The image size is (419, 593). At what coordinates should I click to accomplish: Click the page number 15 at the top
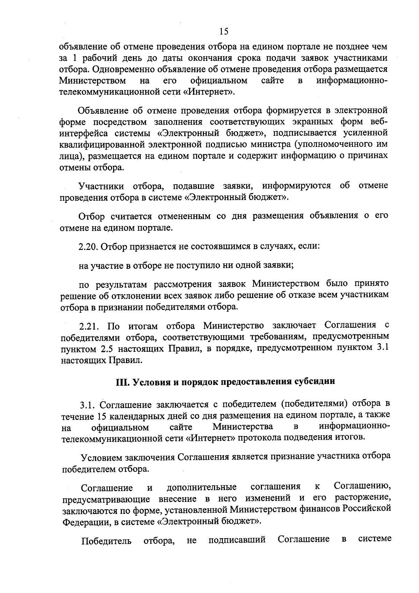(x=224, y=32)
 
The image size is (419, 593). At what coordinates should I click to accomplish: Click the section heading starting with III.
(x=225, y=381)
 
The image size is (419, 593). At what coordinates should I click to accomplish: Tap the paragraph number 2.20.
(x=89, y=246)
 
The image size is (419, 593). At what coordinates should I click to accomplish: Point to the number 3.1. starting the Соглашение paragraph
(x=88, y=405)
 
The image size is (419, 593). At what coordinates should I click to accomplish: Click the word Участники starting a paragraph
(x=101, y=186)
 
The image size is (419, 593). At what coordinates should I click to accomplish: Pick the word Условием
(x=100, y=457)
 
